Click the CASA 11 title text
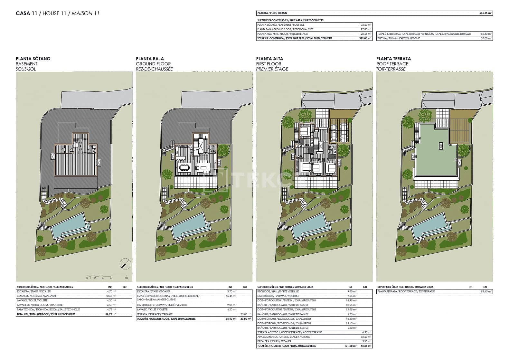26,14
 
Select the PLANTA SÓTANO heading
33,59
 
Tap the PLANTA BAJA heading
150,59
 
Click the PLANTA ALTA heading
270,59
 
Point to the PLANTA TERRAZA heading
393,59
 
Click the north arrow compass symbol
125,264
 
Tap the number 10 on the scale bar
127,278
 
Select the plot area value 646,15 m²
485,13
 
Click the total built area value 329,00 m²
365,38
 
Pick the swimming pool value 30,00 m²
486,38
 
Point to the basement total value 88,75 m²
111,314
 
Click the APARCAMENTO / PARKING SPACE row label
284,337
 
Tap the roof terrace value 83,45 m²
486,291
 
